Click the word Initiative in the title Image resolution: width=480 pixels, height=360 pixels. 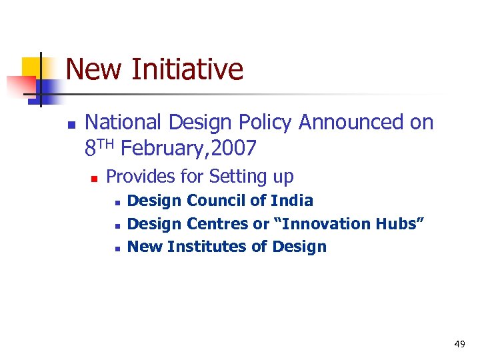click(187, 69)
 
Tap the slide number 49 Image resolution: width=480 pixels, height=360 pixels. click(459, 344)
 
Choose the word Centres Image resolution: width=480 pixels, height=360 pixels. click(216, 223)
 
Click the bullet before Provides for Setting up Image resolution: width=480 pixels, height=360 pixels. click(94, 179)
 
